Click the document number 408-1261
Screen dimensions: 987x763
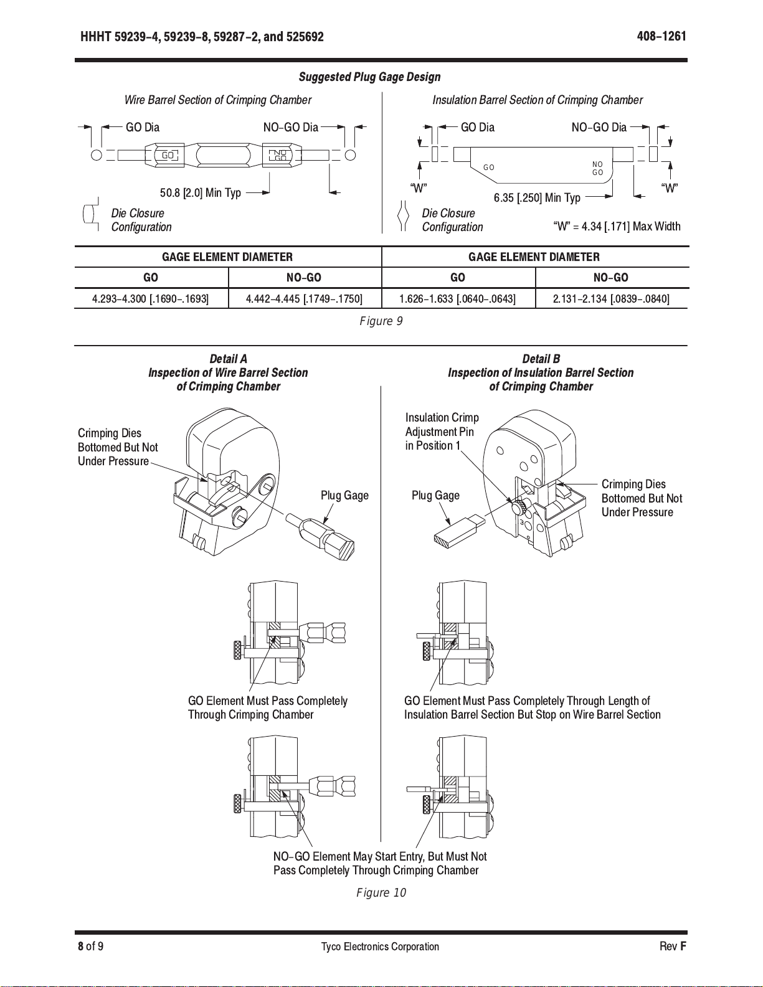point(661,36)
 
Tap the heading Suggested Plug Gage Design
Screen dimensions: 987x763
point(369,77)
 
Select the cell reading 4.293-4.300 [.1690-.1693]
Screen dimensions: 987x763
point(151,299)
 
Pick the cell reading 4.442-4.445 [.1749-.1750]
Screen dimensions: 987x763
point(304,299)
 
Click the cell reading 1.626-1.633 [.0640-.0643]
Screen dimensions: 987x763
point(457,299)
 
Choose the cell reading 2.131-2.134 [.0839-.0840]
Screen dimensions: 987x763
point(611,299)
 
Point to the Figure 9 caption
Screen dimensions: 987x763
point(381,321)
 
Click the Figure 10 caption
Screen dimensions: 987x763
point(381,893)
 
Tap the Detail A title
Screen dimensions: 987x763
point(228,359)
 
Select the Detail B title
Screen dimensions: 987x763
point(541,359)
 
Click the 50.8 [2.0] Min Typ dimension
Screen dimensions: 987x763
point(201,193)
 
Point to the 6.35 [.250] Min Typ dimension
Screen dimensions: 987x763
point(537,198)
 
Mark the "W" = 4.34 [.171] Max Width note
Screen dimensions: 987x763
point(617,227)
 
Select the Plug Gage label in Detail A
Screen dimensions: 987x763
point(344,496)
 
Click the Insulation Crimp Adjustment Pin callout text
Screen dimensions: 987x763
point(441,432)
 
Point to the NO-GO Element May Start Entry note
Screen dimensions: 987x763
point(380,864)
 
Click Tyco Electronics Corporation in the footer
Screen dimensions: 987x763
point(380,947)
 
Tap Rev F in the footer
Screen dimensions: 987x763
point(673,947)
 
